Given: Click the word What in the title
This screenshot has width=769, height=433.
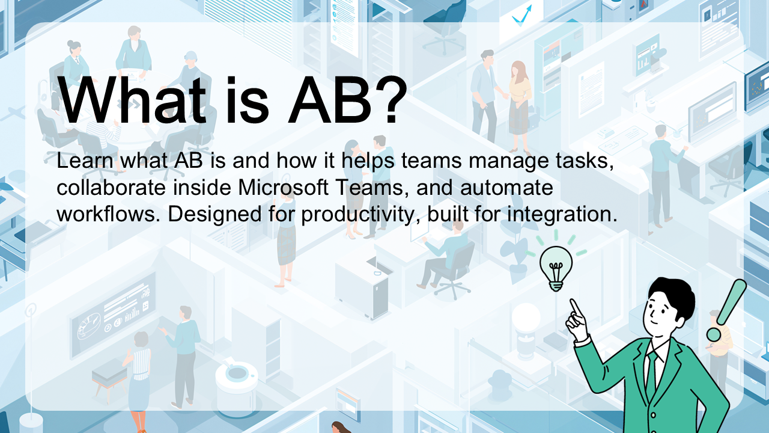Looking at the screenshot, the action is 132,100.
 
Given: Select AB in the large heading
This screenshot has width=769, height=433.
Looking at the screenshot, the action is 330,100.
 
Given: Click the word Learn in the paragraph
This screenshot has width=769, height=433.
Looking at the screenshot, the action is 85,160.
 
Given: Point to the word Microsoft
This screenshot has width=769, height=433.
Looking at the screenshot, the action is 283,187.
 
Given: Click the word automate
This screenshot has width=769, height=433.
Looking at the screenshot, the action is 506,188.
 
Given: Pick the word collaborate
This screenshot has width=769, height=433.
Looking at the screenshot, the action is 111,188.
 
